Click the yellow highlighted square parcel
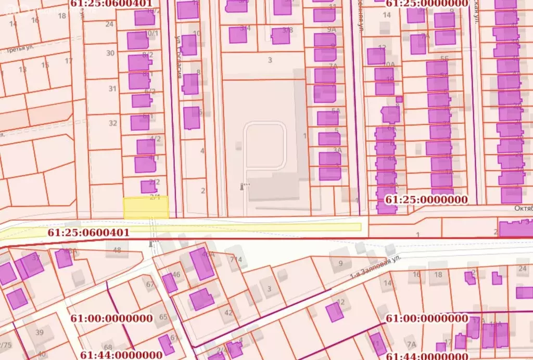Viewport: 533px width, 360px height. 146,208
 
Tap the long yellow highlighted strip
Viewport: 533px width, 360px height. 260,227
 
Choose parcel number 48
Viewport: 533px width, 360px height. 117,250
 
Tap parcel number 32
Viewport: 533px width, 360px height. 112,123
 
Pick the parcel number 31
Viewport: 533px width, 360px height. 112,88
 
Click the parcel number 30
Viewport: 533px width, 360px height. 110,53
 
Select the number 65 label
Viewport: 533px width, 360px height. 163,317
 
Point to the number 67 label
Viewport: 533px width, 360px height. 150,285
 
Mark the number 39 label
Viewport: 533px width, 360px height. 39,332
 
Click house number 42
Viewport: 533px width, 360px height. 228,313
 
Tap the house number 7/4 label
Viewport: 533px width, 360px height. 236,259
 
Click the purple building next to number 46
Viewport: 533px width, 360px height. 170,283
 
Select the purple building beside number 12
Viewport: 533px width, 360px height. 334,312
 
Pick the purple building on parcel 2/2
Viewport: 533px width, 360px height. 148,186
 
